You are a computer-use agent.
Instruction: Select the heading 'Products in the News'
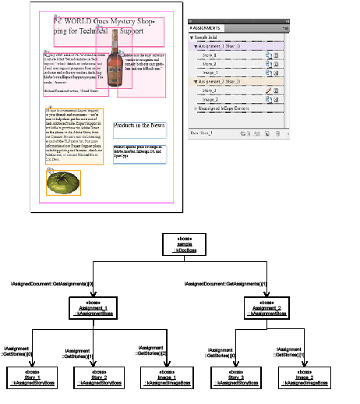(138, 125)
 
